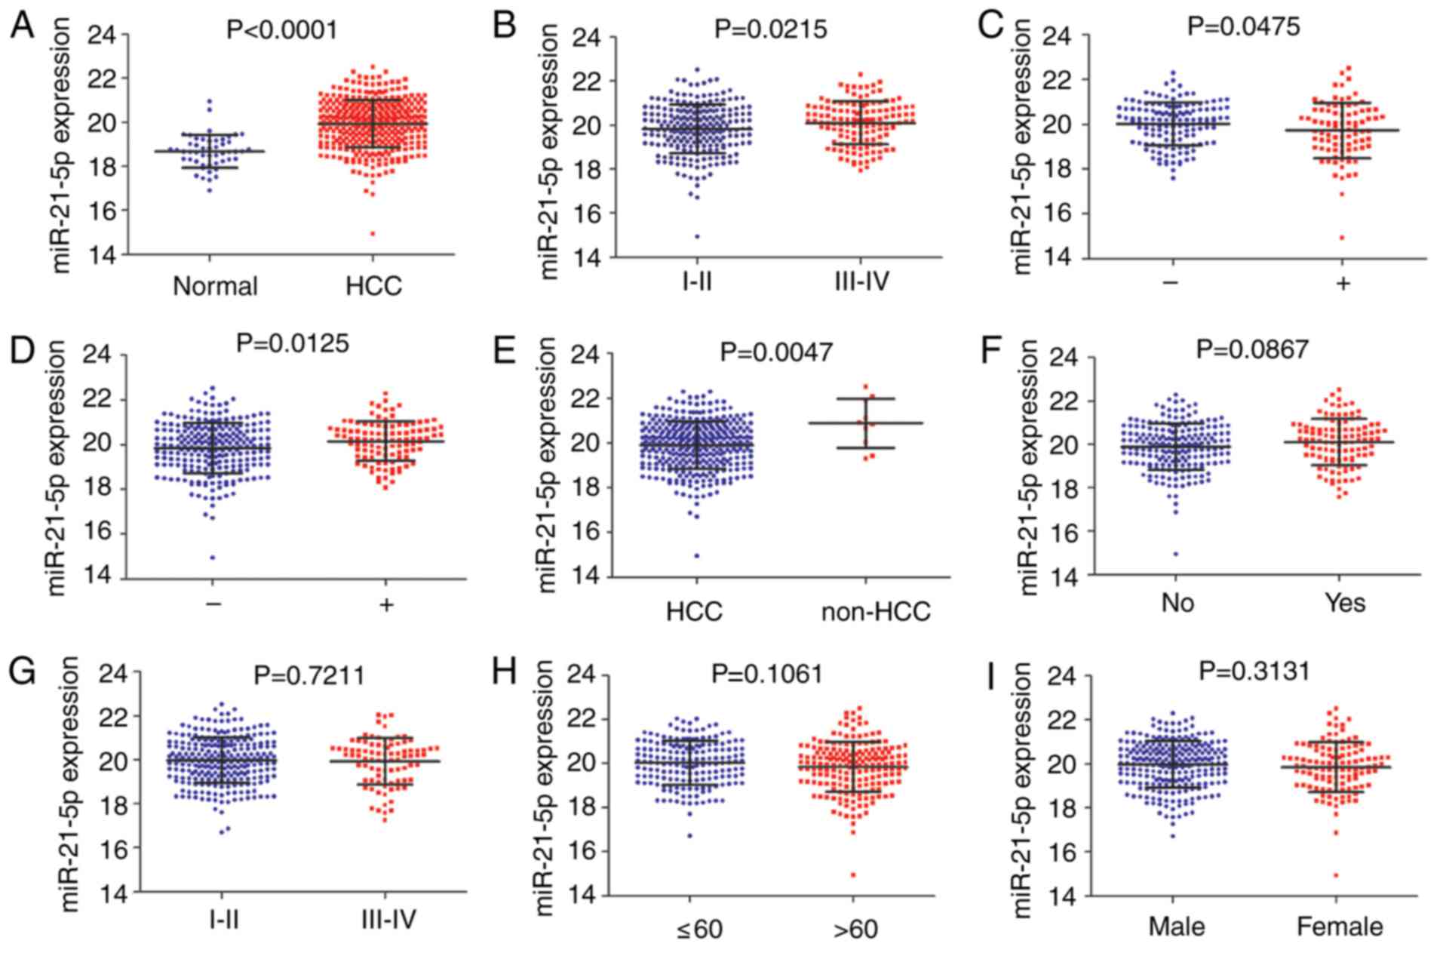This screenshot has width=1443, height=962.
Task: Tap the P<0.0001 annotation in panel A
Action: coord(282,30)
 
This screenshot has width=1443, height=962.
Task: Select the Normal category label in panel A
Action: coord(215,286)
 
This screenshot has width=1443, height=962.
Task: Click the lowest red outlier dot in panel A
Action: coord(373,234)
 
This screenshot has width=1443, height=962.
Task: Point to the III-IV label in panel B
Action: coord(861,282)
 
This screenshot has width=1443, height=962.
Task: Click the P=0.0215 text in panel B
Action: coord(771,29)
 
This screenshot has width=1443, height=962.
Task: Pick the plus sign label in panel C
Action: coord(1343,284)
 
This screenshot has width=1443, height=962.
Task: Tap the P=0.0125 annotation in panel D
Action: coord(293,344)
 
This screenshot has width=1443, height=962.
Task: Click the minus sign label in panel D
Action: coord(213,604)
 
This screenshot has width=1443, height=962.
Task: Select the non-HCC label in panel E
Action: coord(876,611)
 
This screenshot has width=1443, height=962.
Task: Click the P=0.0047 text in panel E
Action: coord(777,352)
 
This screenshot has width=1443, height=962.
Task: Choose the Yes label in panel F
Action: coord(1345,603)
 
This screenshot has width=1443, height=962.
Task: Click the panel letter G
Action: coord(23,671)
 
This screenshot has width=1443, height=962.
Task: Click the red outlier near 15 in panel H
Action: coord(853,875)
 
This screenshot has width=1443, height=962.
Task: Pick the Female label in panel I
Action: coord(1340,926)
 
